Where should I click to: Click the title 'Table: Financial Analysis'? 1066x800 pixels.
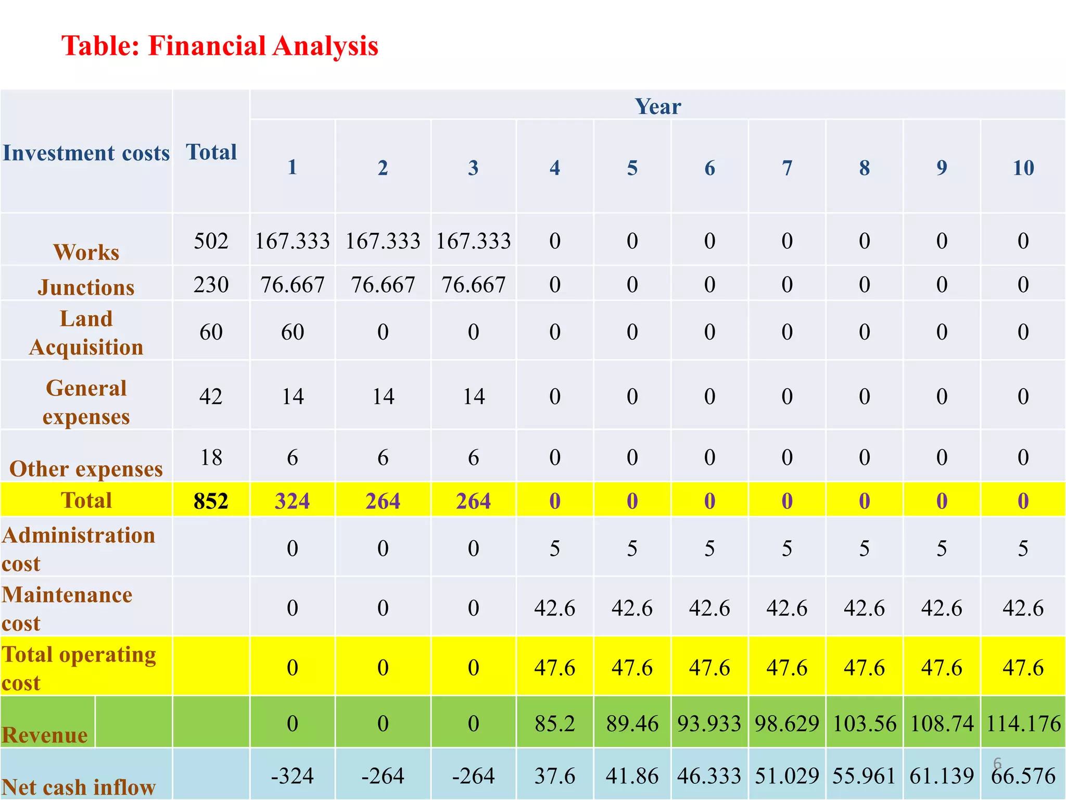click(220, 46)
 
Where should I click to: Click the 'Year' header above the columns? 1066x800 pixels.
click(657, 106)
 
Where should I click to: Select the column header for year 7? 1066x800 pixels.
click(786, 168)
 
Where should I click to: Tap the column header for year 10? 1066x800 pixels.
click(1023, 168)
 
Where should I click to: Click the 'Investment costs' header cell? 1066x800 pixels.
click(86, 153)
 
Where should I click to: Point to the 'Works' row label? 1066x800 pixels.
click(86, 252)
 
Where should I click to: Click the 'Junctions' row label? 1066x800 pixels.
click(86, 287)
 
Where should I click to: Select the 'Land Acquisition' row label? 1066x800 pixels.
click(86, 333)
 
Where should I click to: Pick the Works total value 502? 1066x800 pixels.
click(211, 241)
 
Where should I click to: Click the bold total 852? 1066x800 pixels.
click(211, 501)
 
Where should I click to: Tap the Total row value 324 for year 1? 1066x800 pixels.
click(292, 501)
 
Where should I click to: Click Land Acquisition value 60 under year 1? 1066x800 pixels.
click(292, 332)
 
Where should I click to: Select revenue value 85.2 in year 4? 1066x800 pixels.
click(554, 724)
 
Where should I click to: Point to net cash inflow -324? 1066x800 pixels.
click(292, 776)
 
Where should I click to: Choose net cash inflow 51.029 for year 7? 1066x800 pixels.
click(786, 776)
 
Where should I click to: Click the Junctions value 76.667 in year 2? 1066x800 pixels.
click(383, 285)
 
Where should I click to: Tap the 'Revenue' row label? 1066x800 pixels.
click(45, 735)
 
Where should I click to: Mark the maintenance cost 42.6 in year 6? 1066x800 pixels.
click(709, 608)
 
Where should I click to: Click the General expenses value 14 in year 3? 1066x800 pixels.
click(473, 397)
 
